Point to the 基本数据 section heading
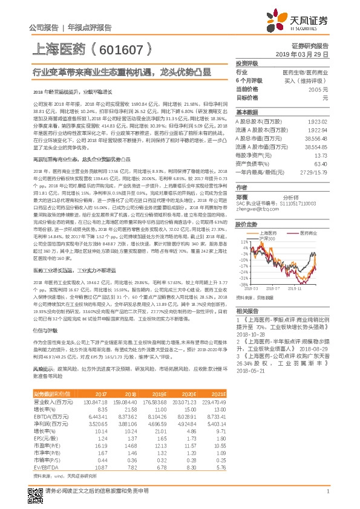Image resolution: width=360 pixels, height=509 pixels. coord(247,112)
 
